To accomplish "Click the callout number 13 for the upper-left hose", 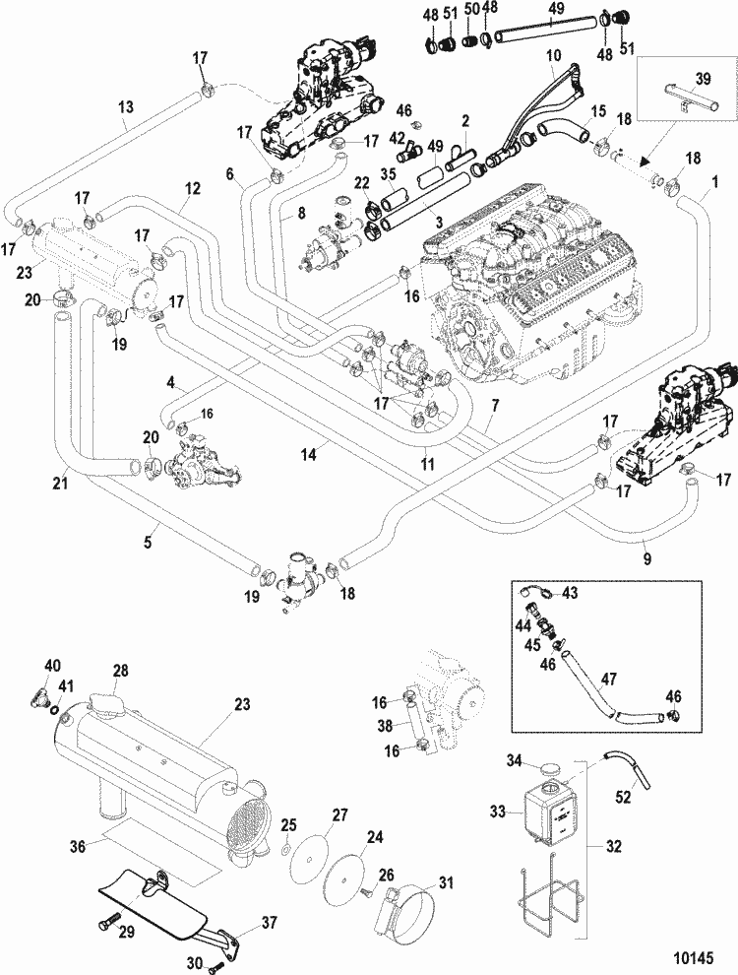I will (126, 106).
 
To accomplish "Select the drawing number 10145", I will (693, 954).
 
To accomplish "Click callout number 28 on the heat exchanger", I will (120, 671).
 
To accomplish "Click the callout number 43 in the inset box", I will (570, 592).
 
